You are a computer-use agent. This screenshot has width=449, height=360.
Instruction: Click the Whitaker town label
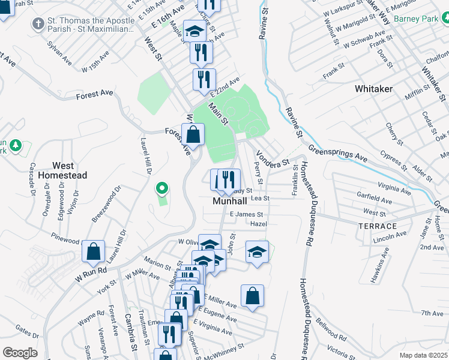tap(373, 89)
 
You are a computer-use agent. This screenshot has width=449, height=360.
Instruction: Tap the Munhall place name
tap(231, 202)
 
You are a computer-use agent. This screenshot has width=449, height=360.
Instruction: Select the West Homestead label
tap(62, 170)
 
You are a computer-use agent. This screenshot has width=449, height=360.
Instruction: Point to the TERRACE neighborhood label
tap(378, 226)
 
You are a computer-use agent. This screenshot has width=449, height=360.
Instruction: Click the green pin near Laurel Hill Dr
tap(161, 189)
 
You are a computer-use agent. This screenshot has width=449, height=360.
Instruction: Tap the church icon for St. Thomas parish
tap(37, 25)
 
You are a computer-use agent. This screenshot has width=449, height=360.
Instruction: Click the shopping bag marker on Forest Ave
tap(193, 134)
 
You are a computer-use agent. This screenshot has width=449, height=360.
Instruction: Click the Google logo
tap(20, 353)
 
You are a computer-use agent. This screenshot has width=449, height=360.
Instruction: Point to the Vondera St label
tap(273, 159)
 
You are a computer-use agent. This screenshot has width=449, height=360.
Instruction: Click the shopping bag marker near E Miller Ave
tap(252, 296)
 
